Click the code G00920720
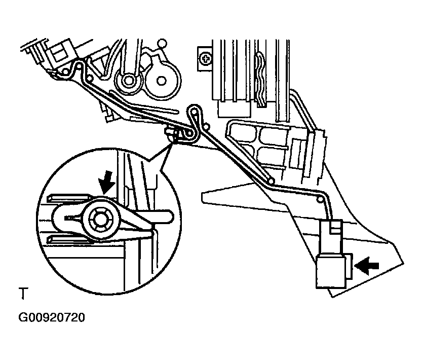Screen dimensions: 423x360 click(51, 318)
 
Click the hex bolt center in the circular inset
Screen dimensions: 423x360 click(99, 219)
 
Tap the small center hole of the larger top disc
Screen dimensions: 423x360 click(162, 80)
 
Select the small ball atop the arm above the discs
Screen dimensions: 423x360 click(163, 43)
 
